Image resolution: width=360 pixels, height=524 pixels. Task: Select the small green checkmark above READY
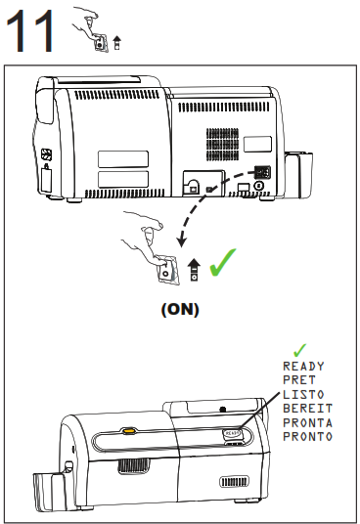(x=300, y=349)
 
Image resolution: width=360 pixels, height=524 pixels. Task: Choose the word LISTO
(x=301, y=394)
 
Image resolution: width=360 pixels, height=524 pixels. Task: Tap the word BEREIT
(x=306, y=408)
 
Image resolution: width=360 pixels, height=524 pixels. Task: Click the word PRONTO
(x=306, y=436)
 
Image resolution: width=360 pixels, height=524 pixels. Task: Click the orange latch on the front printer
(x=128, y=428)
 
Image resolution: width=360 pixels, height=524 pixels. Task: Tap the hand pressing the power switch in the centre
(x=147, y=244)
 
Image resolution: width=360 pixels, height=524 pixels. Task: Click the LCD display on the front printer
(x=232, y=430)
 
